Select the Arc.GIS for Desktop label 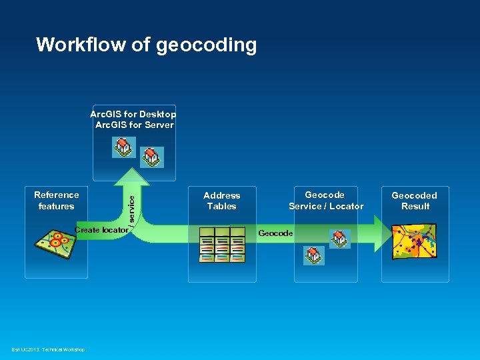pyautogui.click(x=133, y=114)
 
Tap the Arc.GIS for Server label pyautogui.click(x=134, y=125)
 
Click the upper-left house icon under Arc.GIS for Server pyautogui.click(x=123, y=147)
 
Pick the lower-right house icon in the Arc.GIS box pyautogui.click(x=153, y=157)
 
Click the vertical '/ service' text pyautogui.click(x=132, y=207)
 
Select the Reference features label pyautogui.click(x=56, y=201)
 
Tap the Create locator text pyautogui.click(x=101, y=230)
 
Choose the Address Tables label pyautogui.click(x=221, y=201)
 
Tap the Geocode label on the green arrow pyautogui.click(x=275, y=233)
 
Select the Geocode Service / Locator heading pyautogui.click(x=326, y=201)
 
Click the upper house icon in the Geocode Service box pyautogui.click(x=340, y=239)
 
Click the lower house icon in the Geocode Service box pyautogui.click(x=313, y=255)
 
